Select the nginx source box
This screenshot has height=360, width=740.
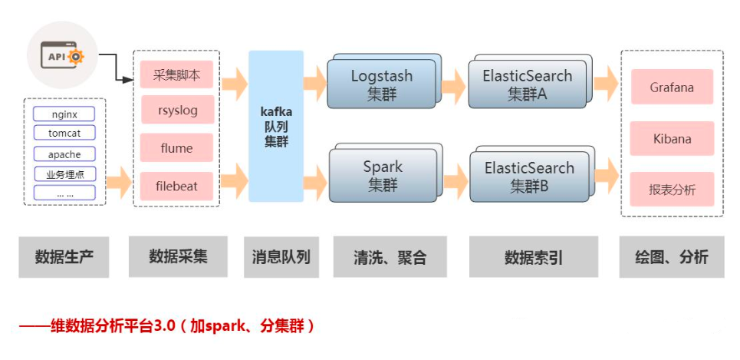pyautogui.click(x=64, y=114)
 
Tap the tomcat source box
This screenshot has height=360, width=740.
pyautogui.click(x=64, y=134)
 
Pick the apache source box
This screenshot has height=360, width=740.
pyautogui.click(x=64, y=154)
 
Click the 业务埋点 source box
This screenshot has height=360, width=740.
pyautogui.click(x=64, y=173)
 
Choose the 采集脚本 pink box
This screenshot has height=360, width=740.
pyautogui.click(x=176, y=74)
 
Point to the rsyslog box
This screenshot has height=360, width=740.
pyautogui.click(x=176, y=111)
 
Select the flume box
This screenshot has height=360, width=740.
pyautogui.click(x=176, y=147)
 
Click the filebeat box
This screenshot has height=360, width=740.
pyautogui.click(x=176, y=185)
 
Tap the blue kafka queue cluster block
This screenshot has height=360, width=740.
pyautogui.click(x=276, y=126)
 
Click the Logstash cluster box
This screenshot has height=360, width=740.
pyautogui.click(x=381, y=84)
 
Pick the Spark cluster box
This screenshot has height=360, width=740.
pyautogui.click(x=382, y=175)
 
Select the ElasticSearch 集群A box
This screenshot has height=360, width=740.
pyautogui.click(x=527, y=84)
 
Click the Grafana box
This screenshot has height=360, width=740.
pyautogui.click(x=672, y=87)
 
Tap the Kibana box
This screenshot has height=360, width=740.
pyautogui.click(x=672, y=138)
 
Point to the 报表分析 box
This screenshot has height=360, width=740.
pyautogui.click(x=672, y=189)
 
